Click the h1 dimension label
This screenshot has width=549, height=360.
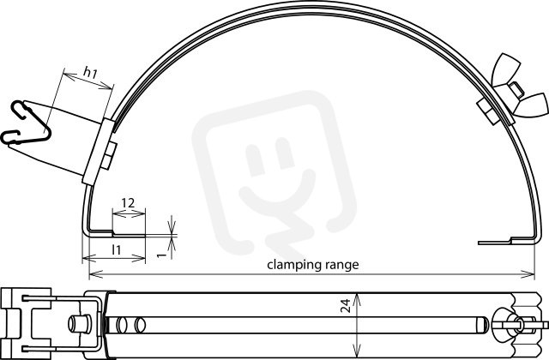[x=90, y=72]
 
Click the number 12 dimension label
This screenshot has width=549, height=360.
[x=128, y=203]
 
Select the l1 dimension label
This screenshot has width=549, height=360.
[x=117, y=249]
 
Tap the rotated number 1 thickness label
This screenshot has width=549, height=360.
[x=160, y=255]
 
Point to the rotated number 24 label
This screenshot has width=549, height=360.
[x=346, y=305]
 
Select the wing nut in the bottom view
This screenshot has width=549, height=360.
[x=508, y=325]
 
